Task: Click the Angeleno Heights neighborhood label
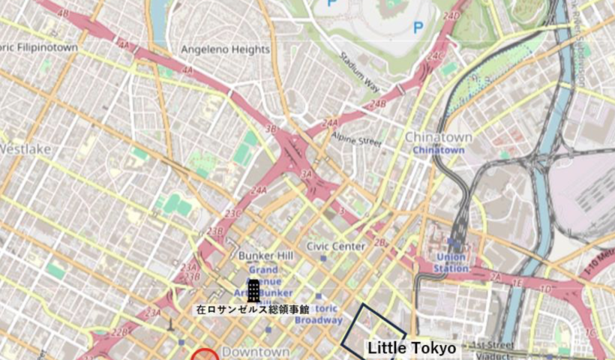point(225,49)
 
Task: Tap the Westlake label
point(25,149)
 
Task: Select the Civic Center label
point(336,246)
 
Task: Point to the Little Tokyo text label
point(412,349)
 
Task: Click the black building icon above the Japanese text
point(254,291)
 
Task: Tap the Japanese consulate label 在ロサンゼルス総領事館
point(253,309)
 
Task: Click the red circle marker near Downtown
point(205,355)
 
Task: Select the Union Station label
point(451,262)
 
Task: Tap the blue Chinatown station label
point(439,150)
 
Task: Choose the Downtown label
point(256,352)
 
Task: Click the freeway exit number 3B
point(271,129)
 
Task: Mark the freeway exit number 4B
point(63,13)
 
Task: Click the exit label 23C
point(233,214)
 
